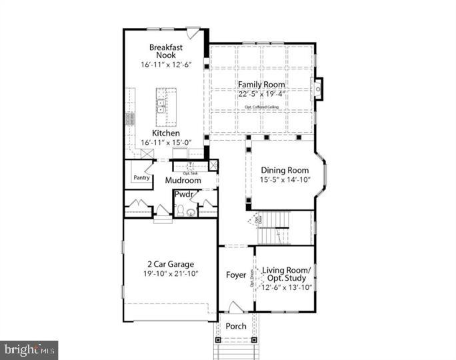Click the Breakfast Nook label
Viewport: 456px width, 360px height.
(x=165, y=51)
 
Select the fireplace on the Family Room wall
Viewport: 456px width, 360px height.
(x=318, y=87)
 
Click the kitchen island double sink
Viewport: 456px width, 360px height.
(x=161, y=105)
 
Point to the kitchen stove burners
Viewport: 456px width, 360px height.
(x=129, y=119)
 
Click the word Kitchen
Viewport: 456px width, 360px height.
(x=165, y=133)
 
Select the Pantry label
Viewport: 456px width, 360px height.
(x=141, y=178)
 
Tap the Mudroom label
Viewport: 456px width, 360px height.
(x=183, y=181)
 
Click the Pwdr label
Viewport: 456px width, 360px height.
(x=184, y=195)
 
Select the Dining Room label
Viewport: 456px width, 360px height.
(x=285, y=170)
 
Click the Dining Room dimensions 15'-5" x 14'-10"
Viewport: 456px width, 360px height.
(x=285, y=180)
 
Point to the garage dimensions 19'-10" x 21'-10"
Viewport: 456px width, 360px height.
(x=170, y=273)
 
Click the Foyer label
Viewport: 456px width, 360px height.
(x=235, y=275)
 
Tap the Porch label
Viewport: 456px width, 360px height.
(x=235, y=326)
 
